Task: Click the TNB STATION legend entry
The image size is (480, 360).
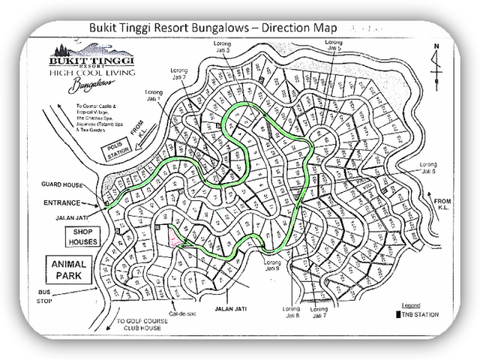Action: tap(417, 314)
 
